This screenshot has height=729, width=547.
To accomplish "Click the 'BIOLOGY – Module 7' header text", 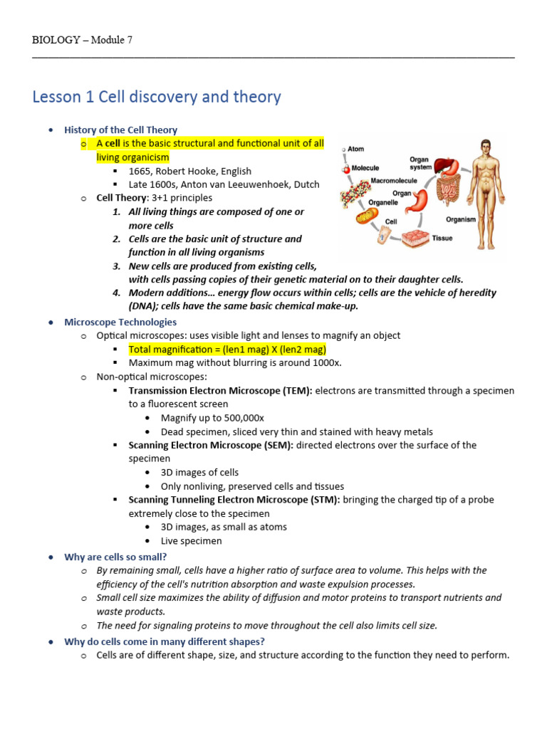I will [x=82, y=40].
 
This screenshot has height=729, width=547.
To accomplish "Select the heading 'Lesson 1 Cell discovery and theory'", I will [x=157, y=97].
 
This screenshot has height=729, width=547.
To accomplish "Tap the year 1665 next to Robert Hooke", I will [x=140, y=171].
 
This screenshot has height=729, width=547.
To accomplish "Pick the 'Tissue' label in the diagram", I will [x=442, y=238].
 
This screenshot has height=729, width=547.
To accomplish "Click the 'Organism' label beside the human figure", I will [x=461, y=219].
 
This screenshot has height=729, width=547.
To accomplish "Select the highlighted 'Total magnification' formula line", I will [x=227, y=349].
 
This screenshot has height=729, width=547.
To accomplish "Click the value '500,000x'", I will [x=242, y=418].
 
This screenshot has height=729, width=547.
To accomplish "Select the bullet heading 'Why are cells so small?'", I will [x=115, y=557].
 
